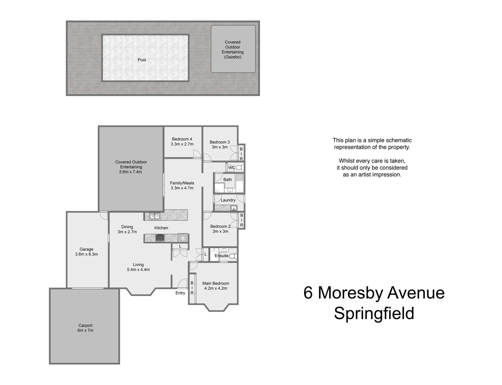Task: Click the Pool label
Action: (142, 60)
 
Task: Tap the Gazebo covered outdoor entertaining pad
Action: (233, 49)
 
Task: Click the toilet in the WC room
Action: (239, 167)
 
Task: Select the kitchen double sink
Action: (154, 216)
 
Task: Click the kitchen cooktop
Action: (160, 237)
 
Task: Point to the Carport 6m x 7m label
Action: (85, 328)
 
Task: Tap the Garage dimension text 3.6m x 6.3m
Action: (86, 254)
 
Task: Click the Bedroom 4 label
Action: (182, 139)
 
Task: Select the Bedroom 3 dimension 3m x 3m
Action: (220, 147)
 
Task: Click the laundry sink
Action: (234, 208)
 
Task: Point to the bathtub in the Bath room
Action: (240, 183)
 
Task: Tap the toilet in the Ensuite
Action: (233, 256)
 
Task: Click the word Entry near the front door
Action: (180, 293)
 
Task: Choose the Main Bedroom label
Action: (216, 283)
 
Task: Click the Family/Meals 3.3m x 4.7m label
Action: (182, 185)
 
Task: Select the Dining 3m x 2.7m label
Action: (127, 229)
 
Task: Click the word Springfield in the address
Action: (374, 314)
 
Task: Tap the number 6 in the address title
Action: (308, 293)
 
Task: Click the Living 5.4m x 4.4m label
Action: (138, 267)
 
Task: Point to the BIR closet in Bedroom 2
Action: (241, 220)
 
